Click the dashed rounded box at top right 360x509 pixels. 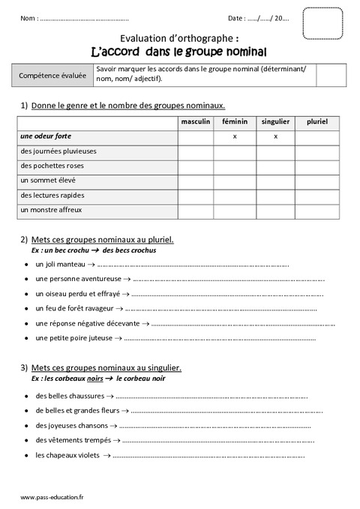pyautogui.click(x=322, y=23)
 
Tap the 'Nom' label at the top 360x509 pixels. pyautogui.click(x=28, y=17)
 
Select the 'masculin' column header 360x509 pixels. pyautogui.click(x=195, y=121)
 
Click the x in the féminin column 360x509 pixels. pyautogui.click(x=235, y=136)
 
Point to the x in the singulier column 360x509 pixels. pyautogui.click(x=275, y=136)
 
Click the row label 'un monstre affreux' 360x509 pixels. pyautogui.click(x=51, y=210)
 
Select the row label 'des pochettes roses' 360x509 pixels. pyautogui.click(x=53, y=166)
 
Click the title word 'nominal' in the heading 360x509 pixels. pyautogui.click(x=243, y=51)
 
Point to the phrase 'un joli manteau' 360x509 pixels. pyautogui.click(x=60, y=264)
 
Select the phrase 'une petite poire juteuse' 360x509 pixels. pyautogui.click(x=73, y=338)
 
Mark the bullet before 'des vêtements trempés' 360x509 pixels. pyautogui.click(x=25, y=440)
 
